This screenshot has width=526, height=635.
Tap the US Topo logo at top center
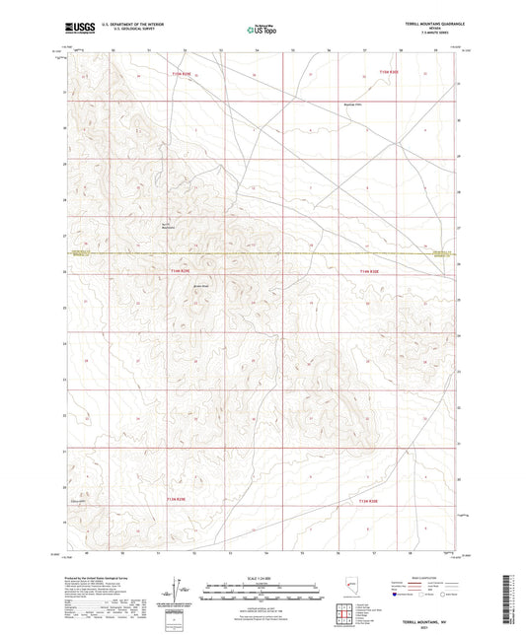pos(262,31)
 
